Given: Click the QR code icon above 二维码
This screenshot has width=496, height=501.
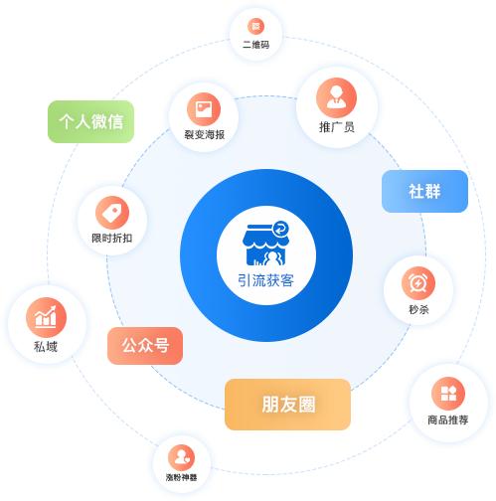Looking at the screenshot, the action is tap(255, 26).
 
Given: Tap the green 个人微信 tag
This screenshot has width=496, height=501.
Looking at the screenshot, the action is tap(90, 121).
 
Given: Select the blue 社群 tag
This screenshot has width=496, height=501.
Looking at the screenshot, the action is tap(424, 191).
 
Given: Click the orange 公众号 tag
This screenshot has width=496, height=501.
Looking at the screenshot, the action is tap(145, 346).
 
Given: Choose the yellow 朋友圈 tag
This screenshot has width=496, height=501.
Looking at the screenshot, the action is tap(287, 405).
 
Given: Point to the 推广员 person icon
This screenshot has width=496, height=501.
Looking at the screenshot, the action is tap(336, 97).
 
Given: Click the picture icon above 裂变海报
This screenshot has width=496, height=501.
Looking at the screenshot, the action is tap(204, 109).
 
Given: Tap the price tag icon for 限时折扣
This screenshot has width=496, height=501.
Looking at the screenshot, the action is tap(112, 213).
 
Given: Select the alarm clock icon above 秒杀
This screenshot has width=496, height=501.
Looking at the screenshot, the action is tap(418, 283).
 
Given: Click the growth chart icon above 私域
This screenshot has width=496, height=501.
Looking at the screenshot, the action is tap(46, 317).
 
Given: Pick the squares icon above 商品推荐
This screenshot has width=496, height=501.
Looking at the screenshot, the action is tap(448, 394).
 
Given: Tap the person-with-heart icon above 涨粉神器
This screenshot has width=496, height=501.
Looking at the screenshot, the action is tap(181, 457).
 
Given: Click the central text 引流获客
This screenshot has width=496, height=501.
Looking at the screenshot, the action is tap(265, 280).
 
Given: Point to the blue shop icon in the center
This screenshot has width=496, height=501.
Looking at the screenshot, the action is tap(265, 244).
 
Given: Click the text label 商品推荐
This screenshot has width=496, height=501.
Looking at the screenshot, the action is tap(448, 419).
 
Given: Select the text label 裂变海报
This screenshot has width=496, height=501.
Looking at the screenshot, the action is tap(205, 134).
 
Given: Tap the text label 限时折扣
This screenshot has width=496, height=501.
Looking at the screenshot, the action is tap(112, 238).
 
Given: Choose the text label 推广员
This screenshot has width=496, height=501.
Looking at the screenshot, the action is tap(337, 127).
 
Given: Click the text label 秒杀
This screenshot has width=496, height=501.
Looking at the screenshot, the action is tap(418, 309).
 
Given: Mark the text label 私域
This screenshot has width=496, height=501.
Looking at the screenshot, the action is tap(46, 347).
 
